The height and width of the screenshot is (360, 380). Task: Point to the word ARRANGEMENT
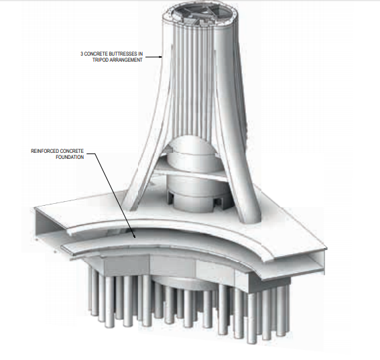pos(128,60)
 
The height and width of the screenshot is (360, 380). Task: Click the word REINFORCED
pos(47,152)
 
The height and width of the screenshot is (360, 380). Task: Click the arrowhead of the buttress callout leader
pos(162,57)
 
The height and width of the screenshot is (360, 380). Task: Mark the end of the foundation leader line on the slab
pos(135,236)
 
